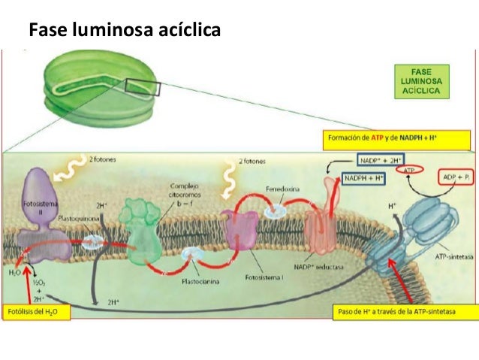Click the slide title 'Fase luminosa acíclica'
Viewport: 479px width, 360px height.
click(125, 31)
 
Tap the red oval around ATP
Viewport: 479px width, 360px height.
click(409, 171)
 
